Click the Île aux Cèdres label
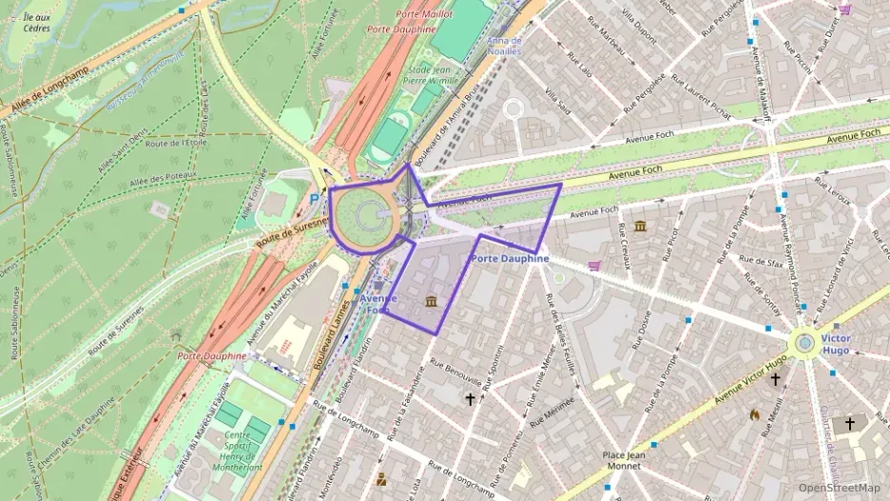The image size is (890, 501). tap(36, 22)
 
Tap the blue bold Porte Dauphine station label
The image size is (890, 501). tap(511, 259)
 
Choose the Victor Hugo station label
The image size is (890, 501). tap(835, 344)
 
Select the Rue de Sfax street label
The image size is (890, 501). tap(762, 262)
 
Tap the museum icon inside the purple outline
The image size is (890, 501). tap(432, 302)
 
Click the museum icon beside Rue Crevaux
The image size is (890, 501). tap(639, 225)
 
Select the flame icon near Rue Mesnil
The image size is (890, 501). tap(754, 414)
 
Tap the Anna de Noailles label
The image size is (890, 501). tap(503, 47)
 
